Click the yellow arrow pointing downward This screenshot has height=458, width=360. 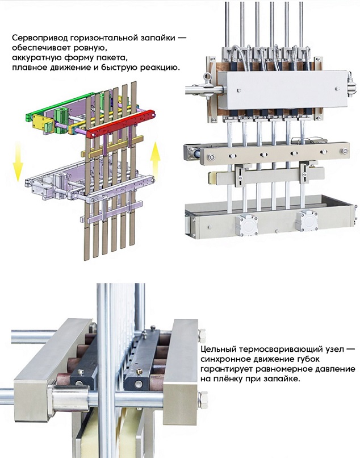pyautogui.click(x=18, y=161)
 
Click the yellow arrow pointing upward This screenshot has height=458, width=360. pyautogui.click(x=156, y=161)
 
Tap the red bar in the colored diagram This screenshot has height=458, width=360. pyautogui.click(x=121, y=123)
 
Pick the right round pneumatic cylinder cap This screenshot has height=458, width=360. pyautogui.click(x=306, y=220)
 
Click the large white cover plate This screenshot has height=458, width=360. pyautogui.click(x=286, y=90)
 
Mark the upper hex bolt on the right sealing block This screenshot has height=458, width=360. pyautogui.click(x=202, y=336)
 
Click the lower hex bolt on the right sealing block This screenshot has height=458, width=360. pyautogui.click(x=203, y=400)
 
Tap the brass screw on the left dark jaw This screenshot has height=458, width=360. pyautogui.click(x=81, y=372)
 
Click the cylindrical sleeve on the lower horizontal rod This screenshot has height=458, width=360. pyautogui.click(x=70, y=399)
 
